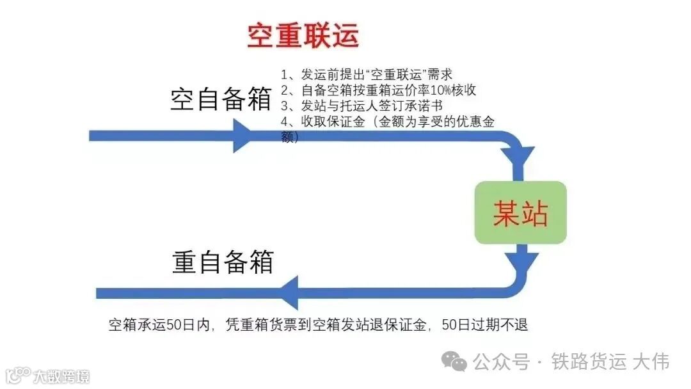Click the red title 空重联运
coord(303,36)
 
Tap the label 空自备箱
coord(221,100)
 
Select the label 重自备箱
coord(223,262)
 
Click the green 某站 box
coord(520,212)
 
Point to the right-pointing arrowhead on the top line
coord(243,136)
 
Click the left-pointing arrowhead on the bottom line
coord(289,293)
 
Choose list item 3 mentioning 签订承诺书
coord(361,106)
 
